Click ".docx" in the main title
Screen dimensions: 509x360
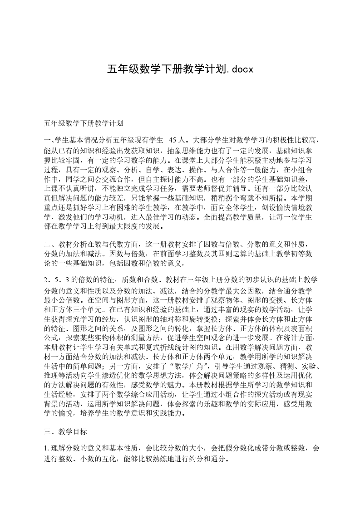pos(238,69)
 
